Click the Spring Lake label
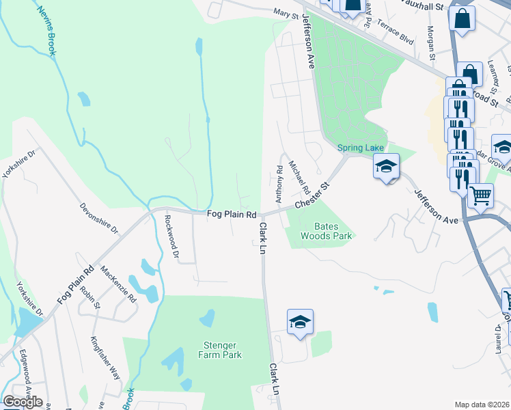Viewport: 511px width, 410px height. point(361,148)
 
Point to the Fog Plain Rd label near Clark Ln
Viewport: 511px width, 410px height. point(232,215)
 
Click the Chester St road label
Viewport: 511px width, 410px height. point(312,196)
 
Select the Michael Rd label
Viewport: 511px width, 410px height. point(300,177)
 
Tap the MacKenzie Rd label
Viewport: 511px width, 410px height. point(118,284)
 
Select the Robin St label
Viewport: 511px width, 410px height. point(89,297)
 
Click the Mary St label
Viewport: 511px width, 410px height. point(286,13)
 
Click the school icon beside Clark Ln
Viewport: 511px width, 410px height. point(299,323)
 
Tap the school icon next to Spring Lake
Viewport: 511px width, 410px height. point(386,166)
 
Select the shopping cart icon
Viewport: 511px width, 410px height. point(481,195)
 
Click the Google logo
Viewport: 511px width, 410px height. point(23,402)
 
